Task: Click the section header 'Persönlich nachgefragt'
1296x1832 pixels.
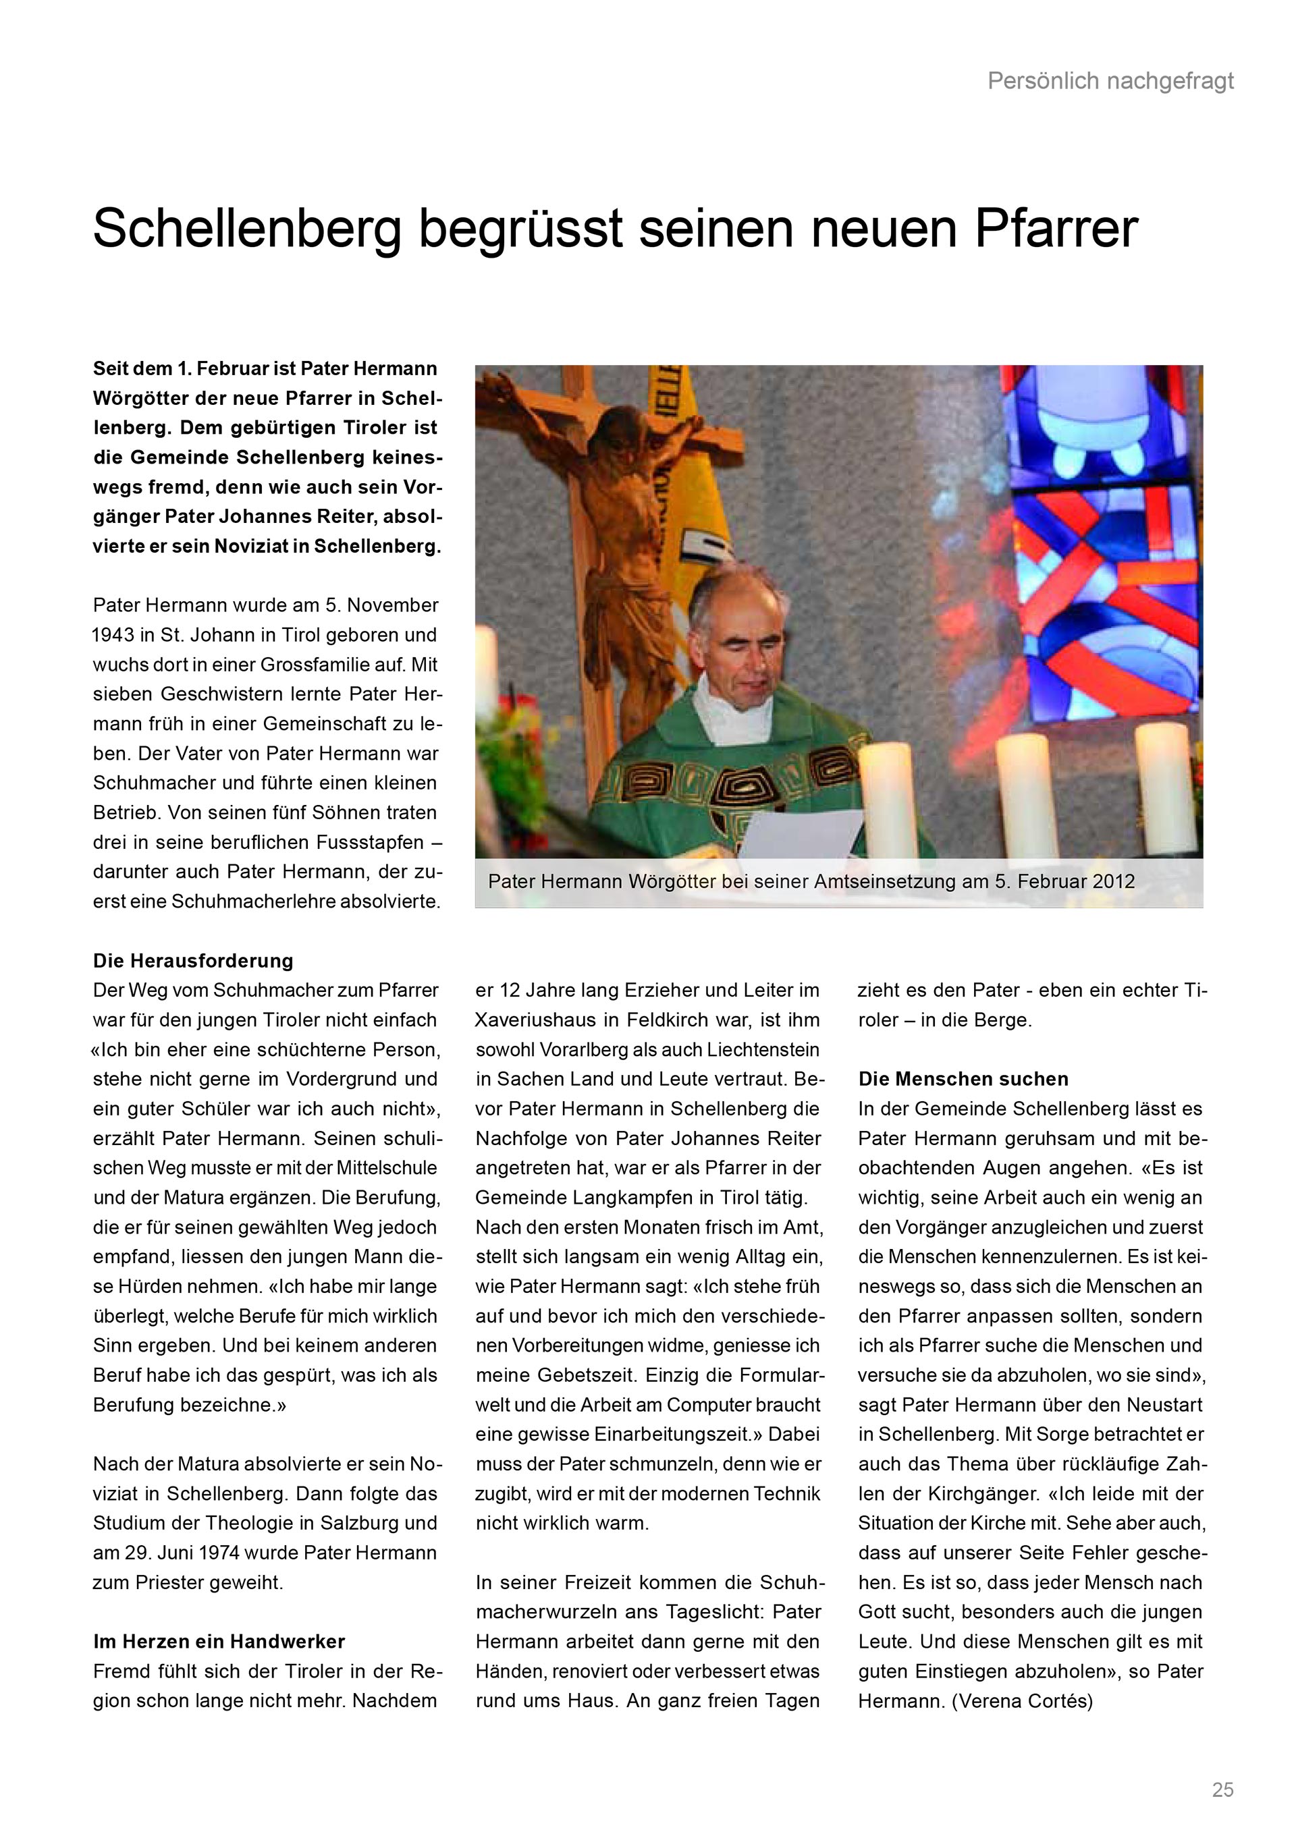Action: click(x=1110, y=80)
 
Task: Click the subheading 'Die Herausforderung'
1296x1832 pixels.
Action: click(x=193, y=961)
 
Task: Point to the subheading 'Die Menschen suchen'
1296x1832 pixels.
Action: click(x=963, y=1079)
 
